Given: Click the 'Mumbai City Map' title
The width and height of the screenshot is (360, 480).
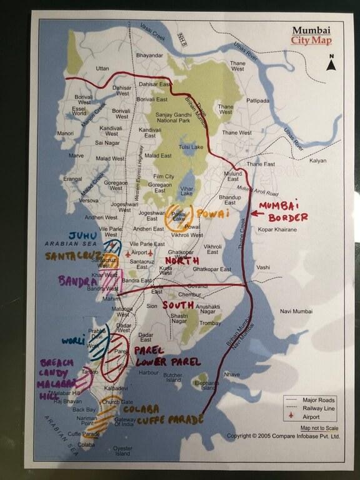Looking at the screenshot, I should click(x=311, y=35).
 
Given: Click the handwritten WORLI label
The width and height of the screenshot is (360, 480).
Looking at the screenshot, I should click(x=73, y=341).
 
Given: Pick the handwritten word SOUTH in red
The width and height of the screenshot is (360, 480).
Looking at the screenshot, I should click(x=177, y=305).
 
